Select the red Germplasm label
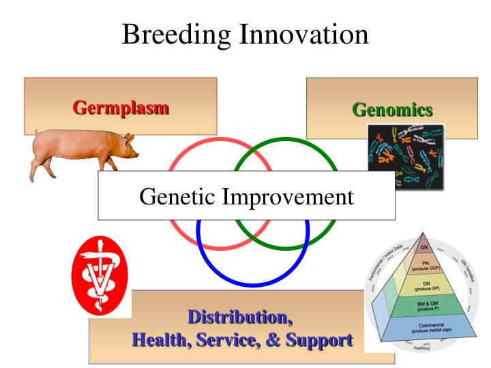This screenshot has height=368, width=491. pyautogui.click(x=121, y=107)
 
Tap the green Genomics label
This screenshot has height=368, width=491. pyautogui.click(x=392, y=109)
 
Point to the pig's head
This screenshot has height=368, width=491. pyautogui.click(x=125, y=145)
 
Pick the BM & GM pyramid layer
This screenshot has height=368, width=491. pyautogui.click(x=425, y=306)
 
